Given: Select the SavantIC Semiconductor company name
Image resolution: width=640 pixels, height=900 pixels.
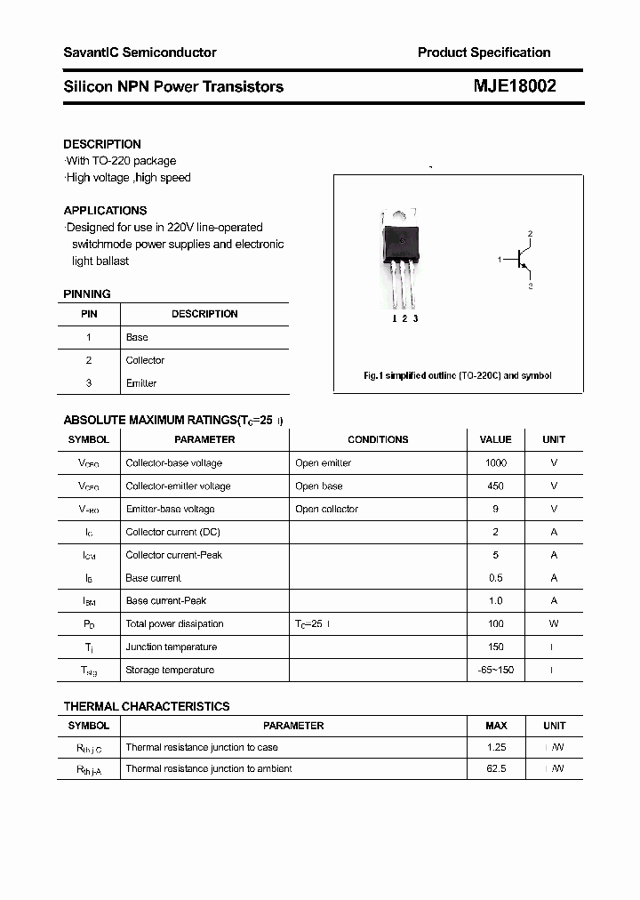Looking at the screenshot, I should click(140, 52).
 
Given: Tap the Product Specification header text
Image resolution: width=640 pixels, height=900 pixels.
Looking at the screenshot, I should click(484, 52).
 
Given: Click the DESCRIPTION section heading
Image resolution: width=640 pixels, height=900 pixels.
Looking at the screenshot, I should click(102, 144).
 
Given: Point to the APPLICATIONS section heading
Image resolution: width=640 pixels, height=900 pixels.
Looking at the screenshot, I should click(105, 211).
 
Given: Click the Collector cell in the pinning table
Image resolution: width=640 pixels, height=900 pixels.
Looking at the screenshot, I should click(145, 360).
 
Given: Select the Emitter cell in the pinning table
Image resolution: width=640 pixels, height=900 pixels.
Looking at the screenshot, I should click(141, 383).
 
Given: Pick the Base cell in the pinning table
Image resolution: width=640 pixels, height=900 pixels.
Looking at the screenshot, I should click(137, 337).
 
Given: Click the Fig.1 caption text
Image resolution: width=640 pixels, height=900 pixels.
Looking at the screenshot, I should click(458, 375).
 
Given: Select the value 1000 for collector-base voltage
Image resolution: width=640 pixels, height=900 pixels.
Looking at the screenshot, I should click(495, 462).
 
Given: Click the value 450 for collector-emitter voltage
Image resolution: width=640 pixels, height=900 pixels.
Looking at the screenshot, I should click(495, 486).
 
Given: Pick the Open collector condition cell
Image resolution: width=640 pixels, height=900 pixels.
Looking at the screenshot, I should click(327, 509).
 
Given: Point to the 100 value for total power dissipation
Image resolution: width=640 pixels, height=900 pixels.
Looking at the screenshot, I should click(495, 623).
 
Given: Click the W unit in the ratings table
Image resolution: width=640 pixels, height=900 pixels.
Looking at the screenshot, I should click(554, 623).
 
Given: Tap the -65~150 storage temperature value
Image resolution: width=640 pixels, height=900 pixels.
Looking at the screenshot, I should click(495, 670).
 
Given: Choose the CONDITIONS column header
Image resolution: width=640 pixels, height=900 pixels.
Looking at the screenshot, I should click(378, 439).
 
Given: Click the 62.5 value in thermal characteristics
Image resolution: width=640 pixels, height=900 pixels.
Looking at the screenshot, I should click(496, 768).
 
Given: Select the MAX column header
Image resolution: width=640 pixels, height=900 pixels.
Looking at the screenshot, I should click(496, 726).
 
